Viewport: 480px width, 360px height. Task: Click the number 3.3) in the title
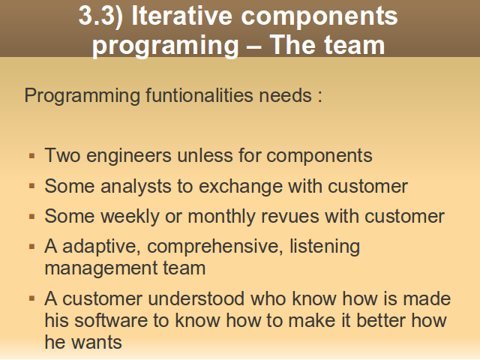tap(100, 16)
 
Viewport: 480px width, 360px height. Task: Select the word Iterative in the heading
tap(181, 15)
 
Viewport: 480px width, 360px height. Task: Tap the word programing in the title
tap(165, 46)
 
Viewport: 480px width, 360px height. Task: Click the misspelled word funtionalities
tap(199, 95)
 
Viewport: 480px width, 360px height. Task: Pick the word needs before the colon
tap(285, 95)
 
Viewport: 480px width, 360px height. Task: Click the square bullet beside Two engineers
tap(31, 156)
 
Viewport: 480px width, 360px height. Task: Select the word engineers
tap(129, 156)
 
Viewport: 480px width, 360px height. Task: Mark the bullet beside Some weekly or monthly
tap(31, 217)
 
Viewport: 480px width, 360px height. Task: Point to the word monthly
tap(222, 217)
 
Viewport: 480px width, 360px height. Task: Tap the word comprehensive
tap(215, 247)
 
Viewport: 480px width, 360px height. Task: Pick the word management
tap(100, 268)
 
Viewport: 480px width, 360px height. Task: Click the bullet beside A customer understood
tap(31, 298)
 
